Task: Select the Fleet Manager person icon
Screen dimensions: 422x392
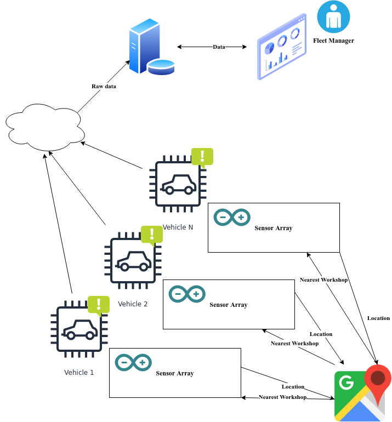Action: (333, 17)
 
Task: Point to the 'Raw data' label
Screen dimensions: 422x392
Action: (104, 86)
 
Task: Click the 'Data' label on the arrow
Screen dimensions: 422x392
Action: (219, 47)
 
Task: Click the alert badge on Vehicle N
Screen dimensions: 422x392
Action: (202, 157)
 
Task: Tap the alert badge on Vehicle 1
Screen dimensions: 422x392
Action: (99, 305)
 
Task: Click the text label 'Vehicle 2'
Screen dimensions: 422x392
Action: (133, 304)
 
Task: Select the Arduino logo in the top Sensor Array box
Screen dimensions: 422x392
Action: (232, 218)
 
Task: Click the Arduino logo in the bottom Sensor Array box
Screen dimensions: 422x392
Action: (133, 362)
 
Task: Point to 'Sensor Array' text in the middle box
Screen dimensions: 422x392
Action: (228, 305)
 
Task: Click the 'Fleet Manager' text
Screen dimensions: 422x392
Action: (333, 41)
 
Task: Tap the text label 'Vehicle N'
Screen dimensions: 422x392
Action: (178, 227)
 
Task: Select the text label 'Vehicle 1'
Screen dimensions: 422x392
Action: (79, 373)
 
